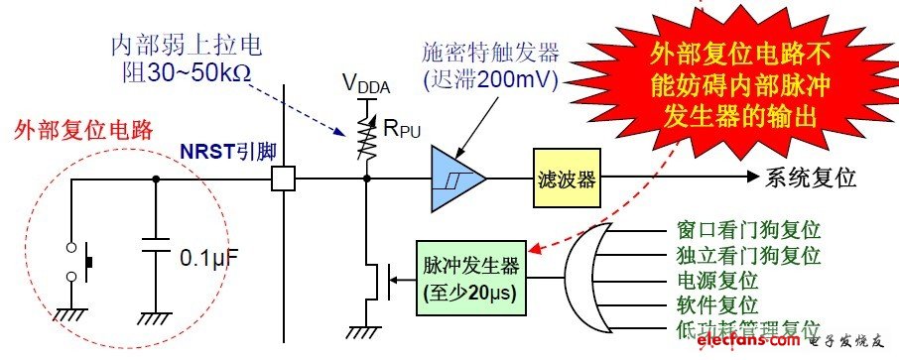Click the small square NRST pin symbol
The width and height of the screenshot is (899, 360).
coord(284,180)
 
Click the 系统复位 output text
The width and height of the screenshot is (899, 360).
coord(810,179)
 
